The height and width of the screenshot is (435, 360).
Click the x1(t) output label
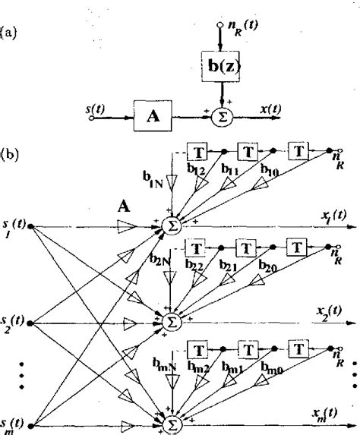(333, 216)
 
